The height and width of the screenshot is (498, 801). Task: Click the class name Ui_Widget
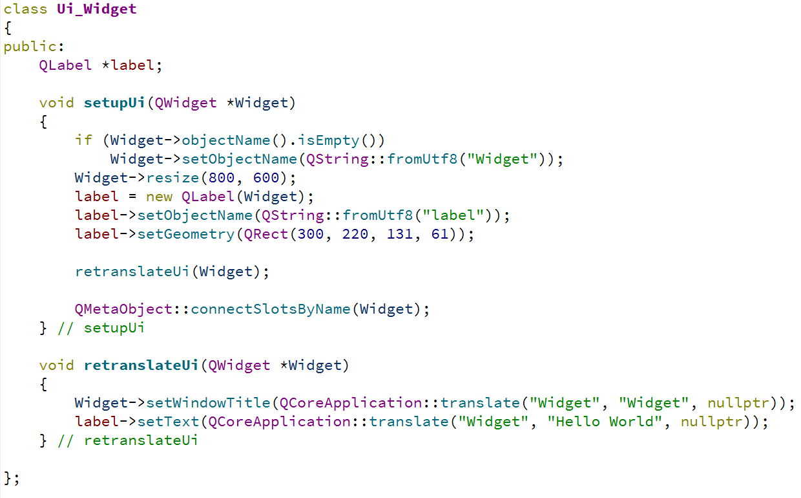tap(97, 10)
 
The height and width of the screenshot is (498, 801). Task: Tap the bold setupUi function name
tap(114, 103)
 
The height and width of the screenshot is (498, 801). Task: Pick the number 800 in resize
tap(222, 178)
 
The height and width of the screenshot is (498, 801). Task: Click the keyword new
tap(159, 197)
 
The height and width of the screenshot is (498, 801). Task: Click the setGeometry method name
tap(186, 234)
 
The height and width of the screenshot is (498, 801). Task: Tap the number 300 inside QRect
tap(311, 234)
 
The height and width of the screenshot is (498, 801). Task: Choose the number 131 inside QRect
tap(400, 234)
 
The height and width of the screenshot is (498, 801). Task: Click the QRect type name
tap(262, 234)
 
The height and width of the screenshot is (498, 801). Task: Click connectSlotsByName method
tap(271, 309)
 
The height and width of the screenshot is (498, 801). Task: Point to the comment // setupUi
tap(101, 328)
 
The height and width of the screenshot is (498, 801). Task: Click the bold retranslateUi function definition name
tap(141, 365)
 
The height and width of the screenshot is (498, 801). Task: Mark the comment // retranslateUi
tap(127, 440)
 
